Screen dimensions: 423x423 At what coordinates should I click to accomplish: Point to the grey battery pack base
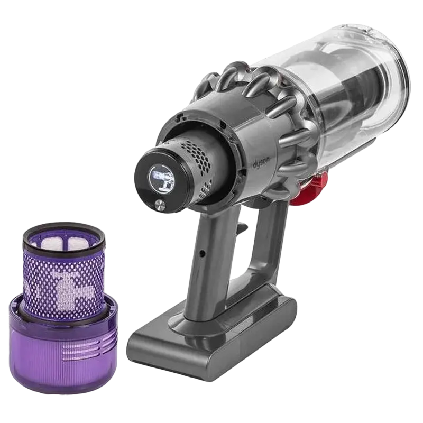(212, 338)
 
